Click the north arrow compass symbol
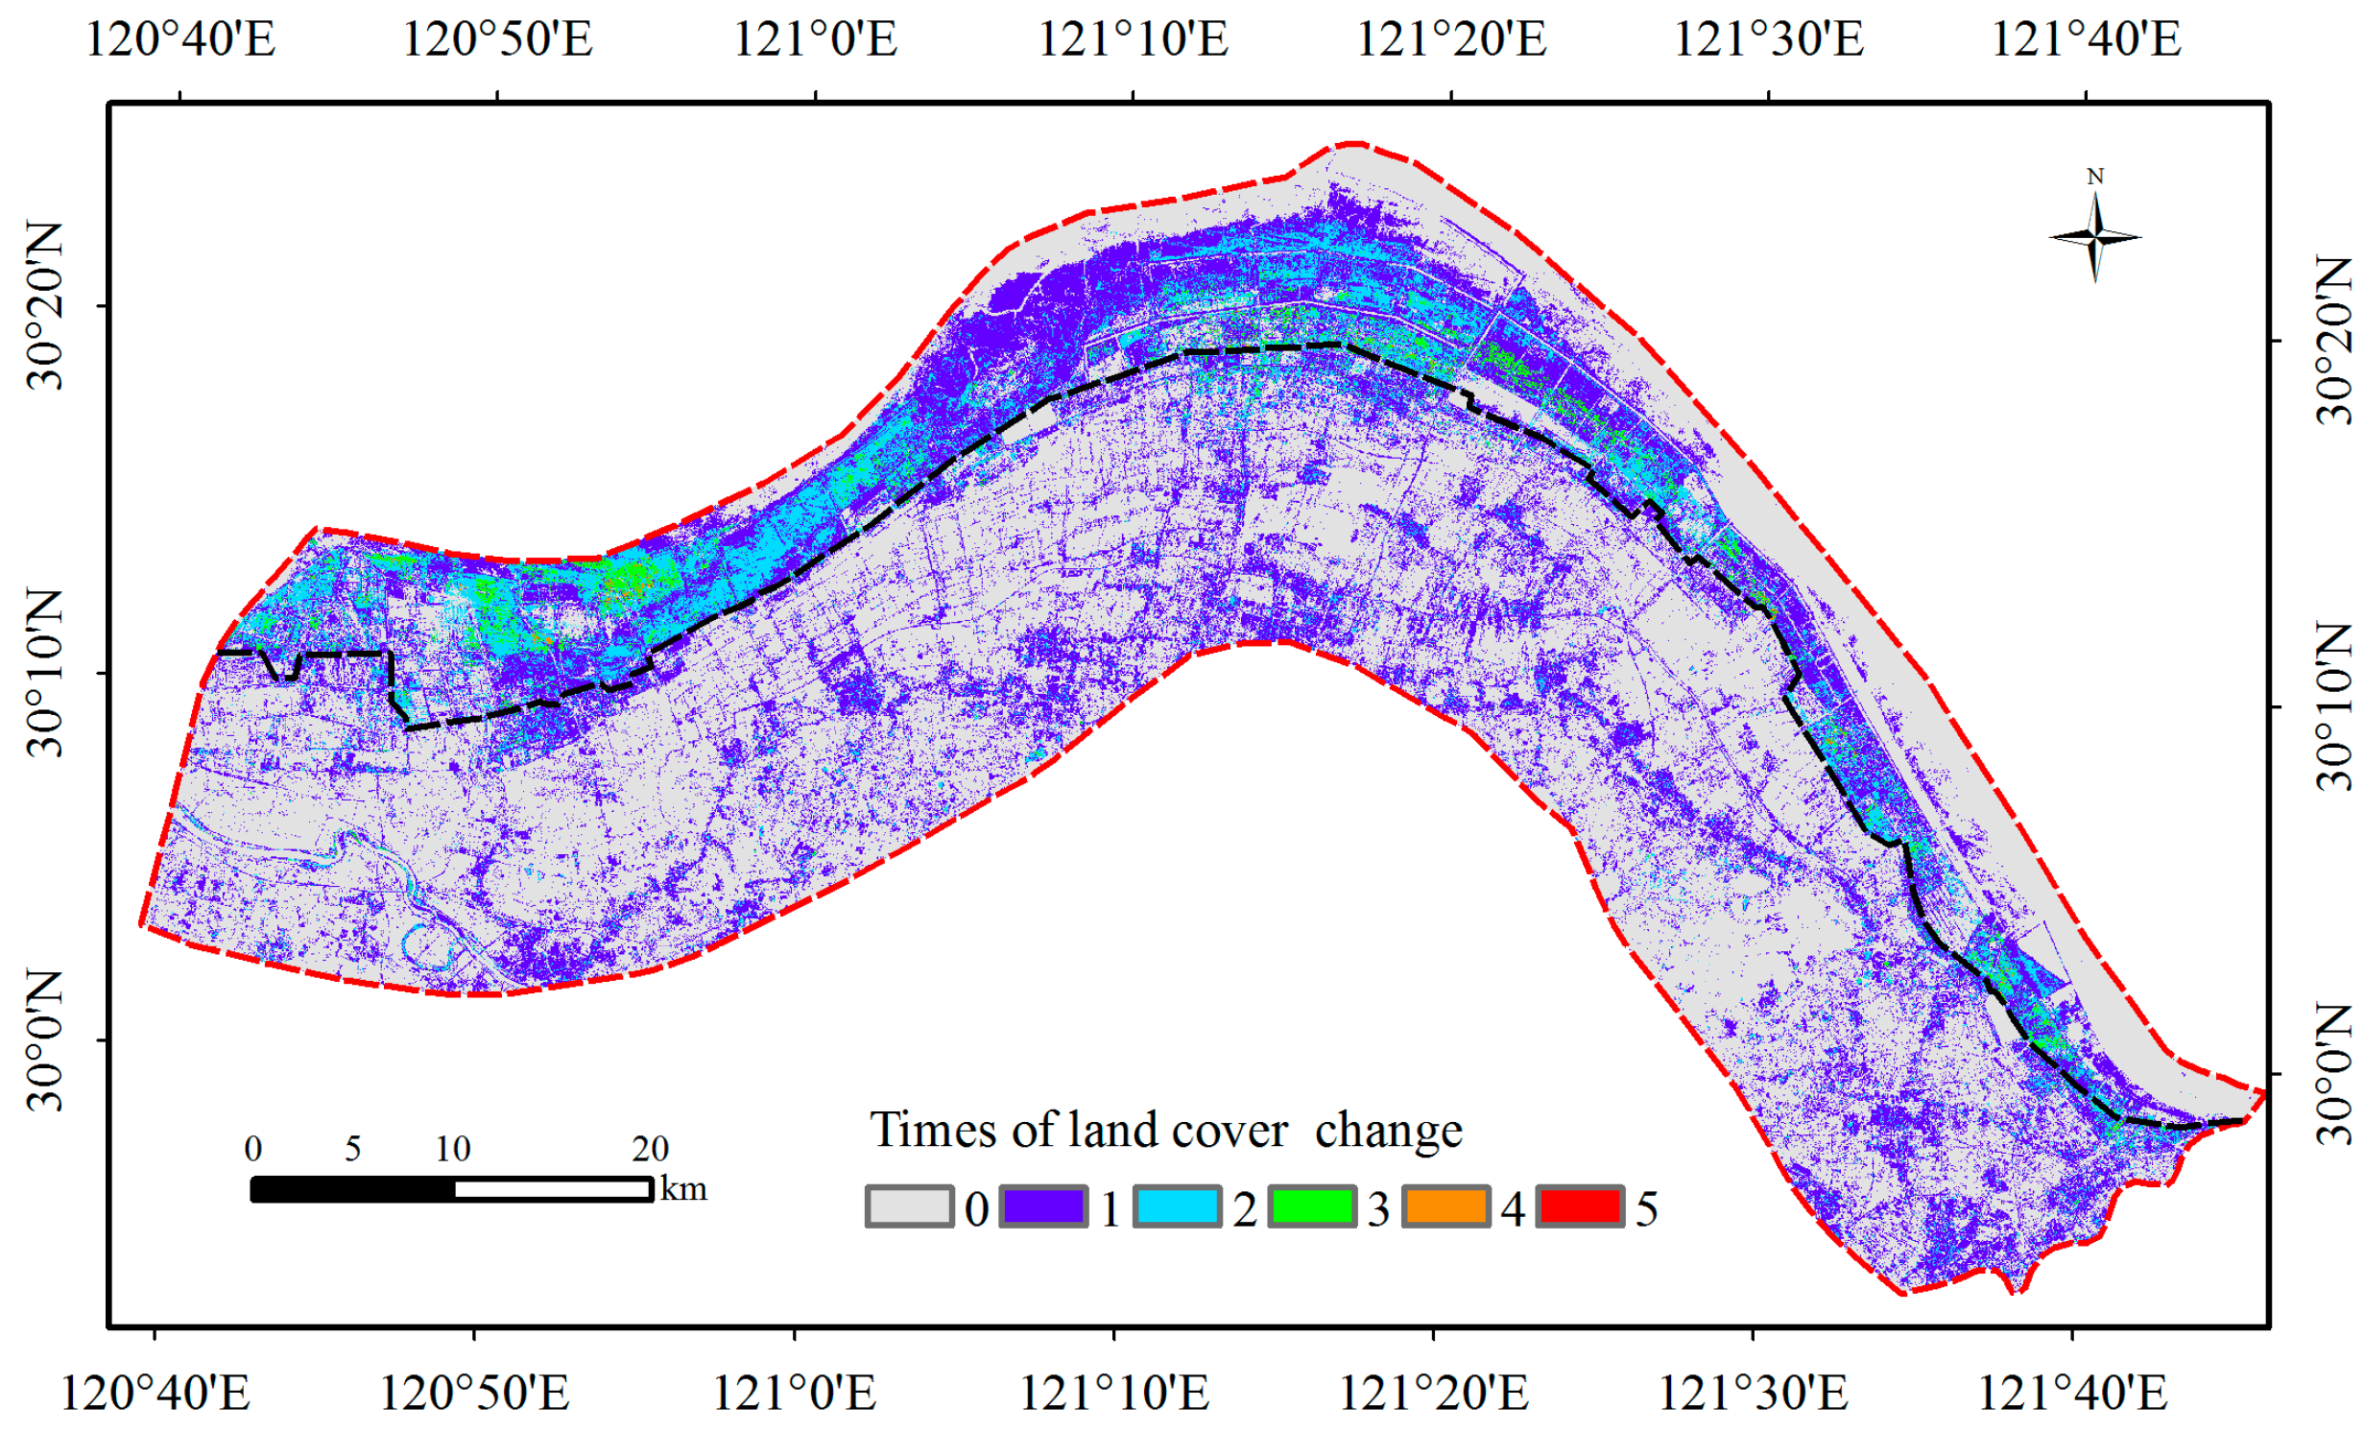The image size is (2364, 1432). coord(2095,236)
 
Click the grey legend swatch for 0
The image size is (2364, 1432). coord(909,1206)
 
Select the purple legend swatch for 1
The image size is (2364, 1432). coord(1043,1206)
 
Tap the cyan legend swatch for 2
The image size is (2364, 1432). coord(1178,1206)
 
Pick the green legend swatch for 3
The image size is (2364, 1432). coord(1312,1206)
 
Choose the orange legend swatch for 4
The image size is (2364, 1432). coord(1446,1206)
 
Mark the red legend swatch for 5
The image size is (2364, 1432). coord(1581,1206)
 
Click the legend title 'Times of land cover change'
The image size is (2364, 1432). coord(1165,1131)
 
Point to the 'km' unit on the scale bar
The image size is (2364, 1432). coord(683,1189)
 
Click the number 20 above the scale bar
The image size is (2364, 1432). coord(650,1149)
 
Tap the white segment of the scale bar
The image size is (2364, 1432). coord(553,1190)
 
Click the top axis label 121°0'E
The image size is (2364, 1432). coord(815,40)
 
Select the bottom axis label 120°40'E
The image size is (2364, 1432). coord(155,1393)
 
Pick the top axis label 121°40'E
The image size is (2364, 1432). coord(2087,40)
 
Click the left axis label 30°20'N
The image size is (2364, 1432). coord(44,306)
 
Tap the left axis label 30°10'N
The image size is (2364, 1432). coord(44,673)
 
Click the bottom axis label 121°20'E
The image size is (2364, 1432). coord(1433,1393)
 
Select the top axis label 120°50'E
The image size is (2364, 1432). coord(497,40)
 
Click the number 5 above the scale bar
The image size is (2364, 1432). coord(353,1149)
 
